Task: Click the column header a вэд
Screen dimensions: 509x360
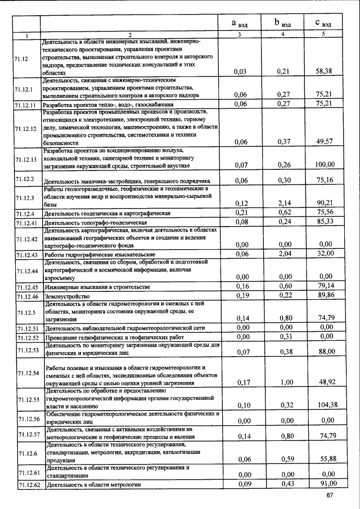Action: pos(241,23)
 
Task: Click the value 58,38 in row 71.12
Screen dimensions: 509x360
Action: pos(324,71)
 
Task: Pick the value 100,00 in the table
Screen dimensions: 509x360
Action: pos(324,165)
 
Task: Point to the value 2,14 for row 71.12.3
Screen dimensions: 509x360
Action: pos(283,203)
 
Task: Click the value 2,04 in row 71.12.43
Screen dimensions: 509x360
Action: pos(283,254)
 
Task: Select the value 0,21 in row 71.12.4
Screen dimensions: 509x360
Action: pos(241,212)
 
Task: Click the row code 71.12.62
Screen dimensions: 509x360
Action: pos(27,484)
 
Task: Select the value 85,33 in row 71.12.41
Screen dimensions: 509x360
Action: pos(324,222)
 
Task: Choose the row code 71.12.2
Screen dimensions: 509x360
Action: pos(25,180)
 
